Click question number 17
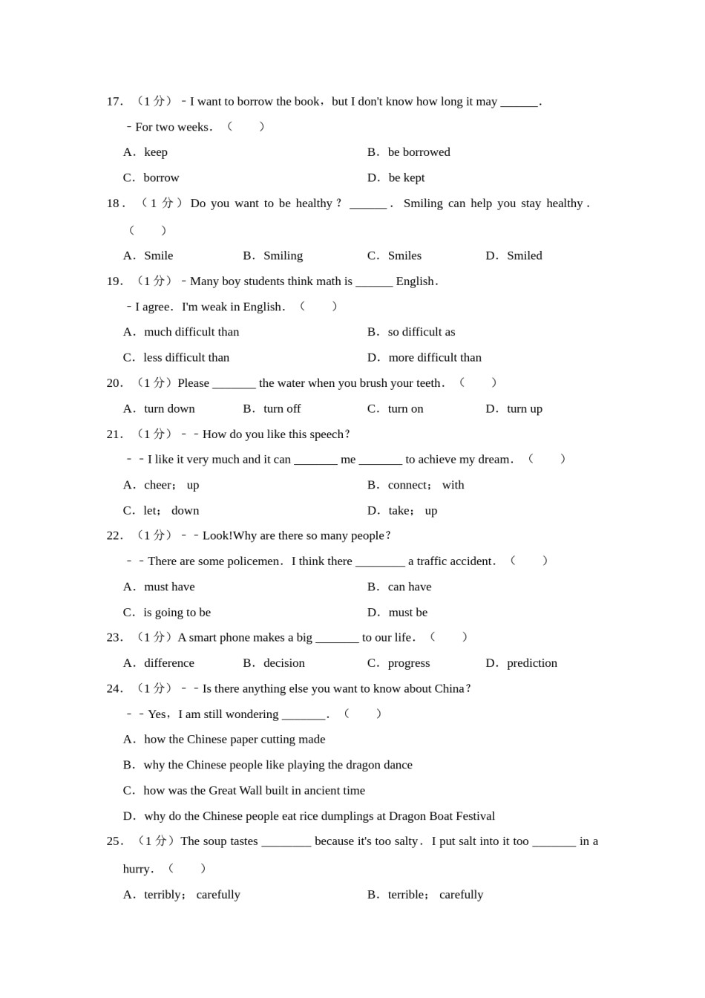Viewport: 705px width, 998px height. click(x=114, y=102)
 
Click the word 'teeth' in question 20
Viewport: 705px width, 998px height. click(x=428, y=383)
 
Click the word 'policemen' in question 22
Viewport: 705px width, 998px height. click(x=252, y=561)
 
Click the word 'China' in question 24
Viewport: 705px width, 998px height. click(x=449, y=689)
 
